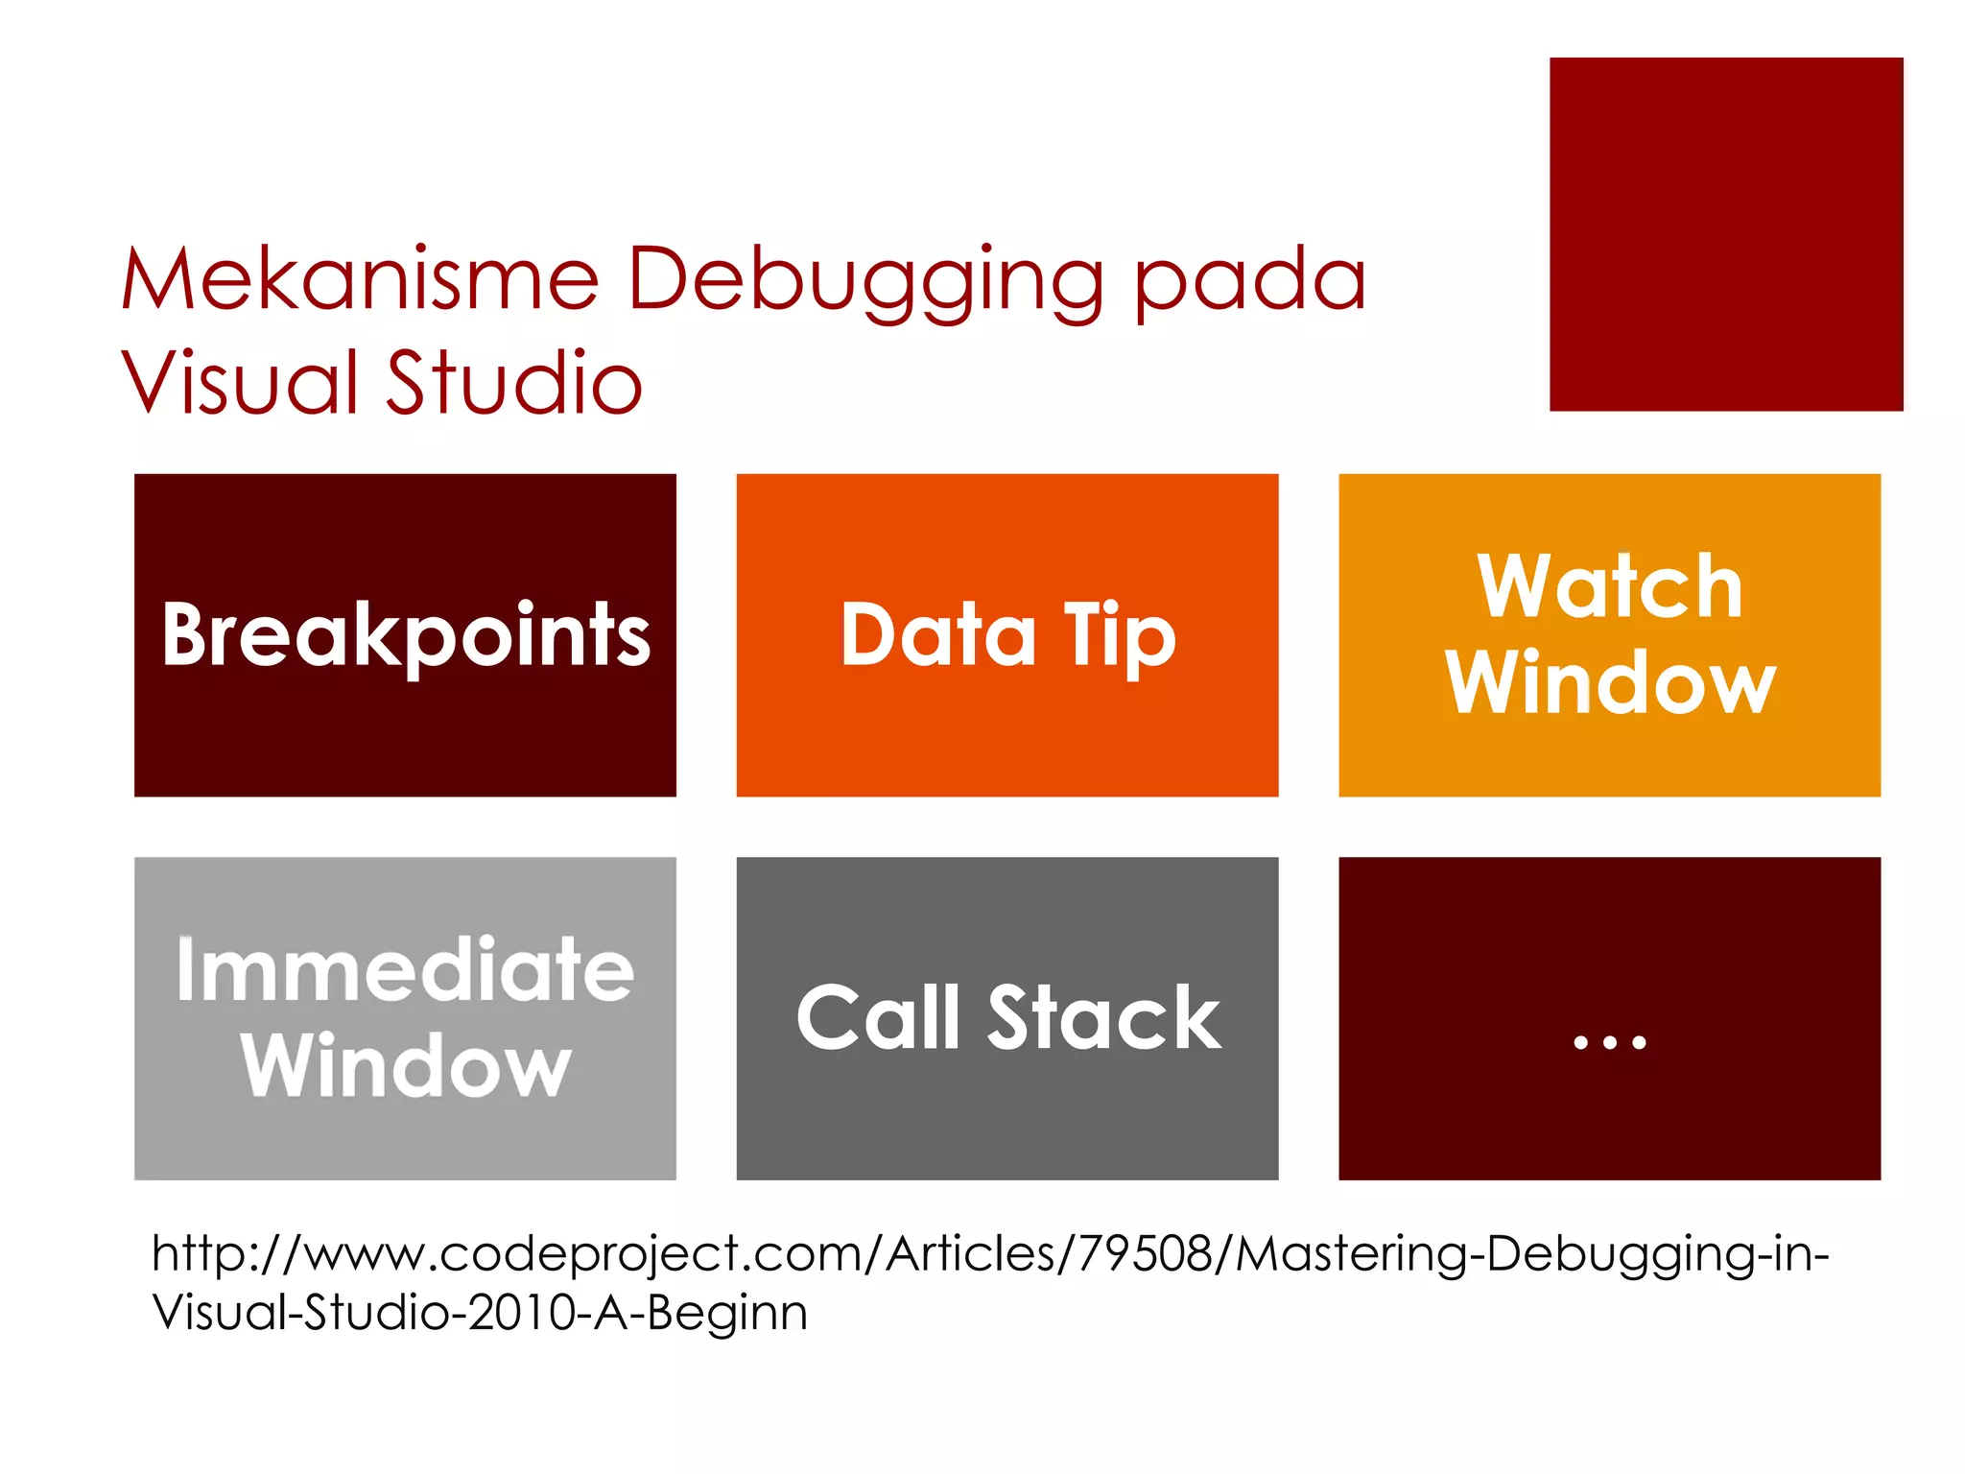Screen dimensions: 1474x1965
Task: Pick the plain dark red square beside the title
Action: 1725,234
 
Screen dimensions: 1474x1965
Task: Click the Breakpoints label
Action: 406,635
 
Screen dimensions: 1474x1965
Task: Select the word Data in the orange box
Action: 937,634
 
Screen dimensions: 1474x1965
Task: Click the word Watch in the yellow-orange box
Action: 1609,587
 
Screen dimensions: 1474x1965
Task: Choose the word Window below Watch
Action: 1610,683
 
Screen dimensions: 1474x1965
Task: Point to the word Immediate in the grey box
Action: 405,970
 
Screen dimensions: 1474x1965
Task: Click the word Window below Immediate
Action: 406,1066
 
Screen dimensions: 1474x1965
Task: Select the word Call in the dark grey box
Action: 878,1018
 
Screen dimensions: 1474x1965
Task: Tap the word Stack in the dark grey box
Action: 1104,1018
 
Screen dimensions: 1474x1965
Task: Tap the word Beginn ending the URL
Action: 727,1313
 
